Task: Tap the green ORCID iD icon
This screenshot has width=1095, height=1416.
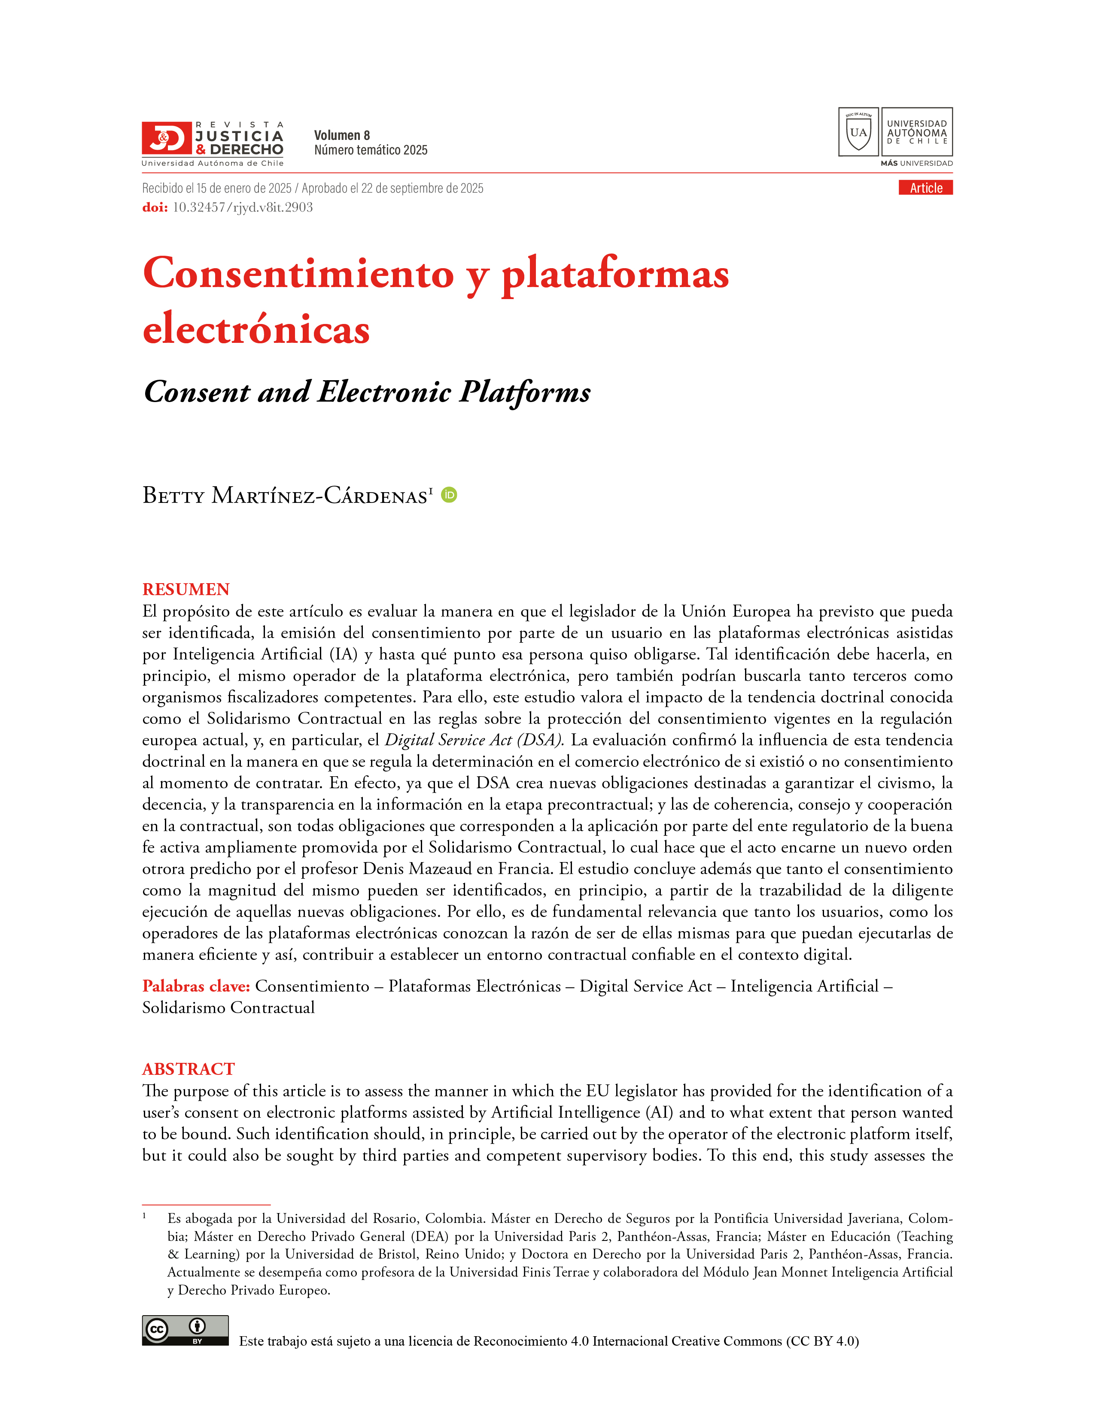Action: [449, 495]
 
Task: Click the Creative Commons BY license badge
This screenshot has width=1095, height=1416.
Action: [185, 1331]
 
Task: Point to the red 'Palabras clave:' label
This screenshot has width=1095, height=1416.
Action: [196, 986]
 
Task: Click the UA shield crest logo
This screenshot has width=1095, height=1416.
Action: [858, 132]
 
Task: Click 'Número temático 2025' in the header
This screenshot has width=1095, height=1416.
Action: [371, 151]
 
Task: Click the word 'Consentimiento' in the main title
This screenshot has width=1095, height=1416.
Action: [298, 274]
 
